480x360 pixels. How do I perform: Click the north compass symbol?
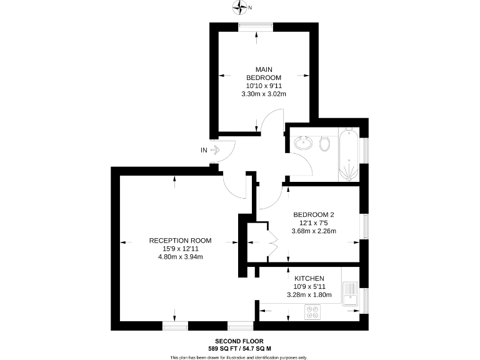click(x=240, y=7)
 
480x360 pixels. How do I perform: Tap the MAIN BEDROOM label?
click(x=263, y=73)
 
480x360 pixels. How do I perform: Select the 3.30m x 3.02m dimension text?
click(x=263, y=94)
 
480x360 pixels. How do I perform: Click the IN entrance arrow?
click(x=216, y=150)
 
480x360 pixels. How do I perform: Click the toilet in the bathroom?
click(x=324, y=144)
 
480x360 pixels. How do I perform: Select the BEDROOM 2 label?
click(x=314, y=214)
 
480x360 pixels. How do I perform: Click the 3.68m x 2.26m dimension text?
click(x=314, y=231)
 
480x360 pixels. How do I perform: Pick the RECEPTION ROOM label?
click(x=180, y=240)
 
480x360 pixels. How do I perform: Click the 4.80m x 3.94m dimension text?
click(x=180, y=256)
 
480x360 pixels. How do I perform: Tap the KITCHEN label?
click(x=309, y=278)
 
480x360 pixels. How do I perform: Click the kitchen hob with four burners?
click(x=312, y=312)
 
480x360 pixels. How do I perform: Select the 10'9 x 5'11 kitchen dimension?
click(x=309, y=286)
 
